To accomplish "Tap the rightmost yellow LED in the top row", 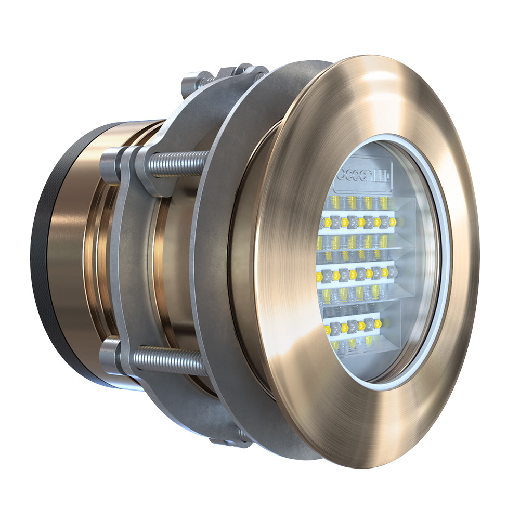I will click(393, 222).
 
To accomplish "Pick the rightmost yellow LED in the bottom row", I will click(378, 324).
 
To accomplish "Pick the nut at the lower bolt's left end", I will click(110, 355).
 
